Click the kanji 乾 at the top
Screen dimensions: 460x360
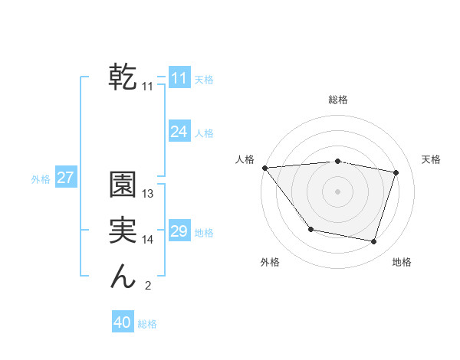(123, 77)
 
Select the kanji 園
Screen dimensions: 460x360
(123, 185)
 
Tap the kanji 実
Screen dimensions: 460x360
(123, 231)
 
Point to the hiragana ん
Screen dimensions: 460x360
(123, 277)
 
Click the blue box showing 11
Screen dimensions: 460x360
(179, 78)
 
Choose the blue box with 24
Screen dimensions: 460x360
(179, 132)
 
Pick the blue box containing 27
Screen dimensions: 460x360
(65, 178)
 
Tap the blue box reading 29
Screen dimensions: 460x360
(179, 231)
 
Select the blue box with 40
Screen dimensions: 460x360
(123, 322)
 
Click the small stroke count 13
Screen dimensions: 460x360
(148, 194)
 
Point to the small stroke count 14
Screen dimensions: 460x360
(148, 240)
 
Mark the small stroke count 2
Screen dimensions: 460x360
(148, 286)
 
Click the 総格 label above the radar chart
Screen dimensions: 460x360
(338, 100)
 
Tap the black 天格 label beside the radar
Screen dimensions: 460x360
(431, 159)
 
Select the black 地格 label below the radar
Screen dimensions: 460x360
(402, 262)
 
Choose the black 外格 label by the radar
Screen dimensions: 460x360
(270, 262)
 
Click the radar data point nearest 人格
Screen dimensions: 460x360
(264, 168)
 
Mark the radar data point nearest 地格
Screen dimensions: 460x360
(373, 241)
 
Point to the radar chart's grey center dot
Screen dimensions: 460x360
(337, 191)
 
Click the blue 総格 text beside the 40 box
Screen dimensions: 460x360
(147, 324)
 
